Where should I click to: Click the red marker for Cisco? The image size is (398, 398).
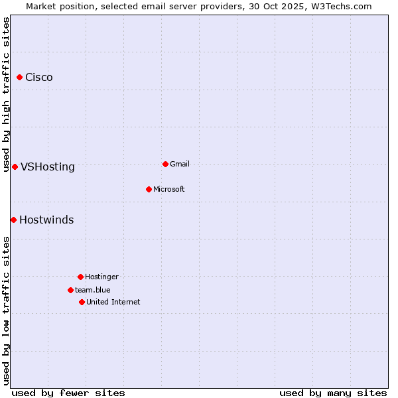(20, 78)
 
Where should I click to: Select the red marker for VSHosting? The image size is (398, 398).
(15, 166)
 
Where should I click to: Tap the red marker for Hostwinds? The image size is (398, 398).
(13, 220)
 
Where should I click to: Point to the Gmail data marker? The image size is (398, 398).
(165, 164)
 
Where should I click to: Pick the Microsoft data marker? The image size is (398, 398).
(149, 189)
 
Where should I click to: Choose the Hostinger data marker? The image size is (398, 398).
(80, 277)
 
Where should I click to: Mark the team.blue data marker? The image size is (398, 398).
(70, 290)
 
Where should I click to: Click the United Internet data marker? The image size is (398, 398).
(82, 302)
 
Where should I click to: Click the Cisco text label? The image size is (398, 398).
(39, 78)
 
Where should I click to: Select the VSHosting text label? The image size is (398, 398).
(48, 167)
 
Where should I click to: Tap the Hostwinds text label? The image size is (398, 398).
(46, 220)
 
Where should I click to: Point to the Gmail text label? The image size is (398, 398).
(180, 164)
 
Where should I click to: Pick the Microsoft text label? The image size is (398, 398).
(169, 189)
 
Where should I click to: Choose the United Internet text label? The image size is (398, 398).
(113, 302)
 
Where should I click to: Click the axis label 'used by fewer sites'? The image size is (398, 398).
(68, 393)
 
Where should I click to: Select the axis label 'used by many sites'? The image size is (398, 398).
(333, 393)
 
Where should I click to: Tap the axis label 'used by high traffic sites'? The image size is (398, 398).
(7, 94)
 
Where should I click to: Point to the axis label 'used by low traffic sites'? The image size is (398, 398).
(7, 310)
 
